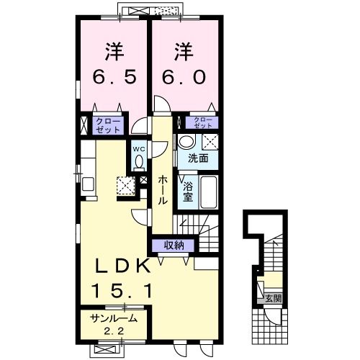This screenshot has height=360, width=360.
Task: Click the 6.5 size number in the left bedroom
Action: pyautogui.click(x=114, y=77)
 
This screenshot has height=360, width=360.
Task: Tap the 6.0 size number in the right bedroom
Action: pyautogui.click(x=184, y=77)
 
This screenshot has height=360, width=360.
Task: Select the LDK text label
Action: pyautogui.click(x=123, y=266)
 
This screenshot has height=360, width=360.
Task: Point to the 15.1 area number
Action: pyautogui.click(x=122, y=291)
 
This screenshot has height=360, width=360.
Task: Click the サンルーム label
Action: pyautogui.click(x=114, y=318)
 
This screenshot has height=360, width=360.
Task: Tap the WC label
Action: pyautogui.click(x=139, y=149)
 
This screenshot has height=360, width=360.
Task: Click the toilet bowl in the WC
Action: pyautogui.click(x=139, y=162)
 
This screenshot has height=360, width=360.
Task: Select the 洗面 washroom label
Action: pyautogui.click(x=198, y=158)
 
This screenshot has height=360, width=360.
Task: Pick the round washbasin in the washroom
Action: pyautogui.click(x=186, y=142)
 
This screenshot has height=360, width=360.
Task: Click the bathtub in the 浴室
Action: pyautogui.click(x=209, y=192)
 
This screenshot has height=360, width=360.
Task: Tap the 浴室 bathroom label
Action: pyautogui.click(x=188, y=192)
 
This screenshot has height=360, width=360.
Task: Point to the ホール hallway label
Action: pyautogui.click(x=163, y=190)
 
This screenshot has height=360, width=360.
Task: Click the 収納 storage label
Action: pyautogui.click(x=174, y=246)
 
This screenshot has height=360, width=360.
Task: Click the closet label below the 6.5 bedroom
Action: pyautogui.click(x=108, y=125)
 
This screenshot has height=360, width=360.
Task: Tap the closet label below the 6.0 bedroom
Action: pyautogui.click(x=203, y=122)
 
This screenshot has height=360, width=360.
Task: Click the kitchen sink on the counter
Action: pyautogui.click(x=89, y=184)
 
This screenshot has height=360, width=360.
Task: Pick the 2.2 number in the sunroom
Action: pyautogui.click(x=114, y=331)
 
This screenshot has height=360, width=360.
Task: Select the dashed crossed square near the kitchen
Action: pyautogui.click(x=126, y=186)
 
